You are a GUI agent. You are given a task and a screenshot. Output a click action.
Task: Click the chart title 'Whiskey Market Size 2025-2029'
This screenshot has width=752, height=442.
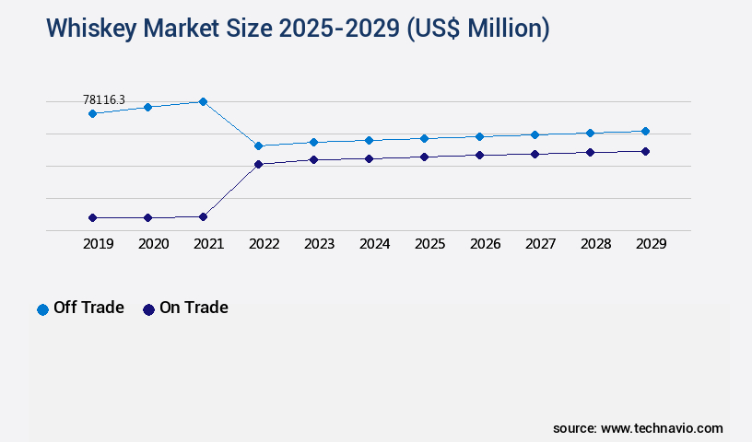click(298, 29)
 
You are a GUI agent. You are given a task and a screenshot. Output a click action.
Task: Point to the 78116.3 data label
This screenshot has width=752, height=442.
click(104, 99)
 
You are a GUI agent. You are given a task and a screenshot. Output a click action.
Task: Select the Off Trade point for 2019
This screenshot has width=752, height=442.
click(92, 113)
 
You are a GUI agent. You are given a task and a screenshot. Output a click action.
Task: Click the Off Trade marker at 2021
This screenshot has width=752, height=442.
click(203, 101)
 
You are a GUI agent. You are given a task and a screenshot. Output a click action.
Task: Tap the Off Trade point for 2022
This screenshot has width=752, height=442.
click(258, 145)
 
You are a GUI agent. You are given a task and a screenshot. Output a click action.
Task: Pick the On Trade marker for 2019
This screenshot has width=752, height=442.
click(92, 217)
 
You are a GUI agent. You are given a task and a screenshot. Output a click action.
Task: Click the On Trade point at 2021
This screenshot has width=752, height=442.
click(203, 216)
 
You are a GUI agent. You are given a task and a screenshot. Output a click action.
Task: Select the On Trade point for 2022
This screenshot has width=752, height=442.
click(258, 164)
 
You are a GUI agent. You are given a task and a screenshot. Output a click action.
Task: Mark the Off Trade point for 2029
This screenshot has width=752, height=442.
click(645, 131)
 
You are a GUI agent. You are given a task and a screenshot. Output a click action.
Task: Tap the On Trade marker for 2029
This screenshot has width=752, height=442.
click(645, 151)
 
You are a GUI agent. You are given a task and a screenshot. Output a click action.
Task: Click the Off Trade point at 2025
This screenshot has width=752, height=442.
click(424, 138)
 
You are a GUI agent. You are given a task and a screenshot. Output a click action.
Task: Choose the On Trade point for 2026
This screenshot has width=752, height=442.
click(479, 155)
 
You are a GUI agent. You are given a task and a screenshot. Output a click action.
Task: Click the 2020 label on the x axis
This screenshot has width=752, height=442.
click(153, 244)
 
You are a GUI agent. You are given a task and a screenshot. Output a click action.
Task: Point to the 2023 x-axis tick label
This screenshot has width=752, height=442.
click(319, 244)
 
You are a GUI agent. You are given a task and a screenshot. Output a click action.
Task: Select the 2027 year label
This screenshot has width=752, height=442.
click(540, 244)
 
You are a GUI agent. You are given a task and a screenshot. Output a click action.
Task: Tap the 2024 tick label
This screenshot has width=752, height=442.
click(374, 244)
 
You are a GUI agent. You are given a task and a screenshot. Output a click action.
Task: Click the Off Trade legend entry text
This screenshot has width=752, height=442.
click(88, 308)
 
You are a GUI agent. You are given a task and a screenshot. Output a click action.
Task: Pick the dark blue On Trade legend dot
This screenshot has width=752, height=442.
click(148, 309)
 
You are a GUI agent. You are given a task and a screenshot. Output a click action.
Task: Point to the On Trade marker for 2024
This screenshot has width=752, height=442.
click(369, 158)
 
